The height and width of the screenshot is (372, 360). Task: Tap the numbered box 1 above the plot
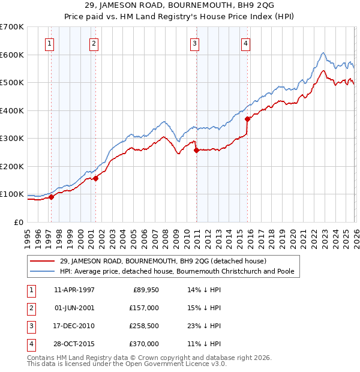49,43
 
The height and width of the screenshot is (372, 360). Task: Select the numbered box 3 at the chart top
195,43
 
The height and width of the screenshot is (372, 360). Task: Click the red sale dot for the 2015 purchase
247,119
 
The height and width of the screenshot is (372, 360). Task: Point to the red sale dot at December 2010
196,150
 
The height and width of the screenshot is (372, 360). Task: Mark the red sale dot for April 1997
51,197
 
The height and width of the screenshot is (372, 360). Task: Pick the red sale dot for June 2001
95,178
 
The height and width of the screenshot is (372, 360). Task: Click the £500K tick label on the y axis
12,83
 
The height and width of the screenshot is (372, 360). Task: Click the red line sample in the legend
43,261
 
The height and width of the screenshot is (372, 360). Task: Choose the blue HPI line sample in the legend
43,271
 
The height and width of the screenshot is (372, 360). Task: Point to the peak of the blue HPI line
323,53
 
